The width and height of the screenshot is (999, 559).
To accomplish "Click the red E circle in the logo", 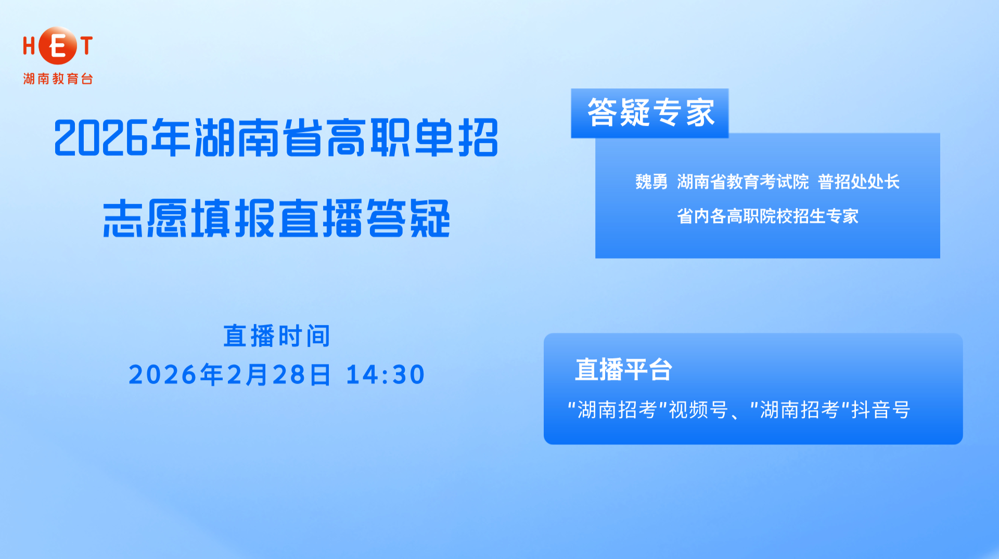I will point(58,46).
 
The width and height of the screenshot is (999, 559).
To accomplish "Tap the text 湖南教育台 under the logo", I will point(58,79).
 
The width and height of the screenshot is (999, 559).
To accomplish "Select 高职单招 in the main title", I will point(413,138).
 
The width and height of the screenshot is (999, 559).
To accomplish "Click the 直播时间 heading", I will point(277,336).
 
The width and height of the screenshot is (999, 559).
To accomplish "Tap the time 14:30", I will point(385,375).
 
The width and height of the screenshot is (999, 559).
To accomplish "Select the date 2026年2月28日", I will point(229,375).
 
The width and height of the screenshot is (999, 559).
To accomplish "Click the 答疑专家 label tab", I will point(650,113).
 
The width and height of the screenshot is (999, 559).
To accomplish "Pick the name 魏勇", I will point(651,182).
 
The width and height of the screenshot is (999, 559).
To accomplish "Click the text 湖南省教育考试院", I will point(742,182).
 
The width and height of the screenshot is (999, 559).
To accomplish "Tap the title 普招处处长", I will point(859,182).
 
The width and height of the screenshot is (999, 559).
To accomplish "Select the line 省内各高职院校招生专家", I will point(767,216).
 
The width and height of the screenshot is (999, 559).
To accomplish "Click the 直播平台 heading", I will point(623,370).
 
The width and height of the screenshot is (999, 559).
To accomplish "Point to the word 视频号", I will point(698,410).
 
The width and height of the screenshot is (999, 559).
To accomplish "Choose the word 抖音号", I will point(880,410).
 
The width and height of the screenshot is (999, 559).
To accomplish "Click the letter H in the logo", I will point(29,46).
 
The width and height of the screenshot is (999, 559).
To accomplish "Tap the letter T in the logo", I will point(86,46).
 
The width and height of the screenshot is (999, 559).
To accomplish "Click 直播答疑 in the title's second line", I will point(364,219).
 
